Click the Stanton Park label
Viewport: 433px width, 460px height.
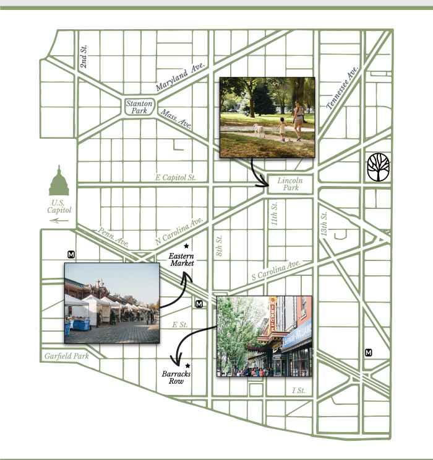point(139,107)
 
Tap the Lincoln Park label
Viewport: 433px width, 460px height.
point(290,184)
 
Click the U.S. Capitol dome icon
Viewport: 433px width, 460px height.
point(59,180)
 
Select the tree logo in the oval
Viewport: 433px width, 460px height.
point(378,167)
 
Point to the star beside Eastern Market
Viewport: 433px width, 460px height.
point(186,246)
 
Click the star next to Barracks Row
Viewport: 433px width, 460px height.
point(187,366)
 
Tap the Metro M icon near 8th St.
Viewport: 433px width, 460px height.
point(199,304)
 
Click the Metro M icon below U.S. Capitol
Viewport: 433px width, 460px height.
point(71,254)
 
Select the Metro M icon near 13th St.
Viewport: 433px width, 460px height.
point(368,352)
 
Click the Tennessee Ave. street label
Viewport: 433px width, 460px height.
point(342,87)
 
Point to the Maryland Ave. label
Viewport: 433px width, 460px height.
point(180,76)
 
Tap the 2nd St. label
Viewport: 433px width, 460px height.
point(84,56)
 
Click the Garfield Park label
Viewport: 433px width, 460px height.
point(66,356)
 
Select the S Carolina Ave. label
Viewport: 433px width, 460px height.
point(276,270)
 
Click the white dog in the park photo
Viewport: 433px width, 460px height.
point(259,130)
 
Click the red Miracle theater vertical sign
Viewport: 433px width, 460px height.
point(273,315)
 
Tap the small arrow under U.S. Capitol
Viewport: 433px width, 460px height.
point(59,221)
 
